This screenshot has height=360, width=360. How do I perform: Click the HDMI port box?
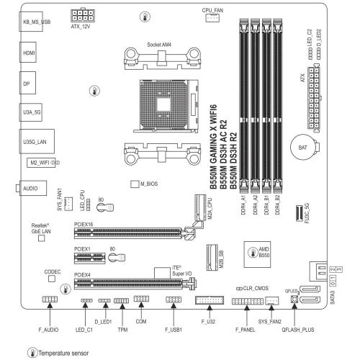click(x=28, y=53)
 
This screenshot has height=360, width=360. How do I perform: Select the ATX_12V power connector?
click(x=83, y=15)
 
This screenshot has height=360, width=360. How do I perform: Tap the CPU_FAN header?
click(x=212, y=18)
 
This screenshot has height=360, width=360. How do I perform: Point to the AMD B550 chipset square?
click(x=257, y=254)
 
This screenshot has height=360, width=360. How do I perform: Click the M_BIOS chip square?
click(x=135, y=184)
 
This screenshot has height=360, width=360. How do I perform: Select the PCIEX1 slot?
click(x=90, y=258)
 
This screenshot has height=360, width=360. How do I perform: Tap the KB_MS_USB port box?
click(x=31, y=22)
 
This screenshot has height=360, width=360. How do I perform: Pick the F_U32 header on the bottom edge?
click(x=210, y=300)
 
